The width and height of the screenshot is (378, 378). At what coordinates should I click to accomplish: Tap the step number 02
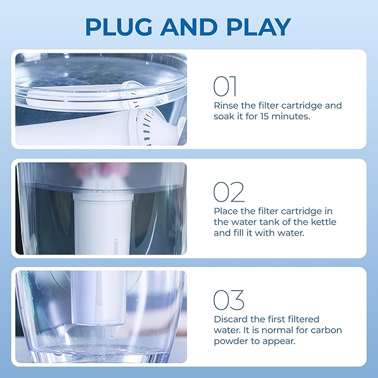(228, 192)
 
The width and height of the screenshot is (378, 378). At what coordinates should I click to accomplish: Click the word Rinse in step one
(225, 105)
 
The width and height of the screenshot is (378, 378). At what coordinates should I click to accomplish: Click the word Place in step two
(226, 211)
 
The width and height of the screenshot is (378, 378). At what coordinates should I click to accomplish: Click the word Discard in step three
(231, 319)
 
